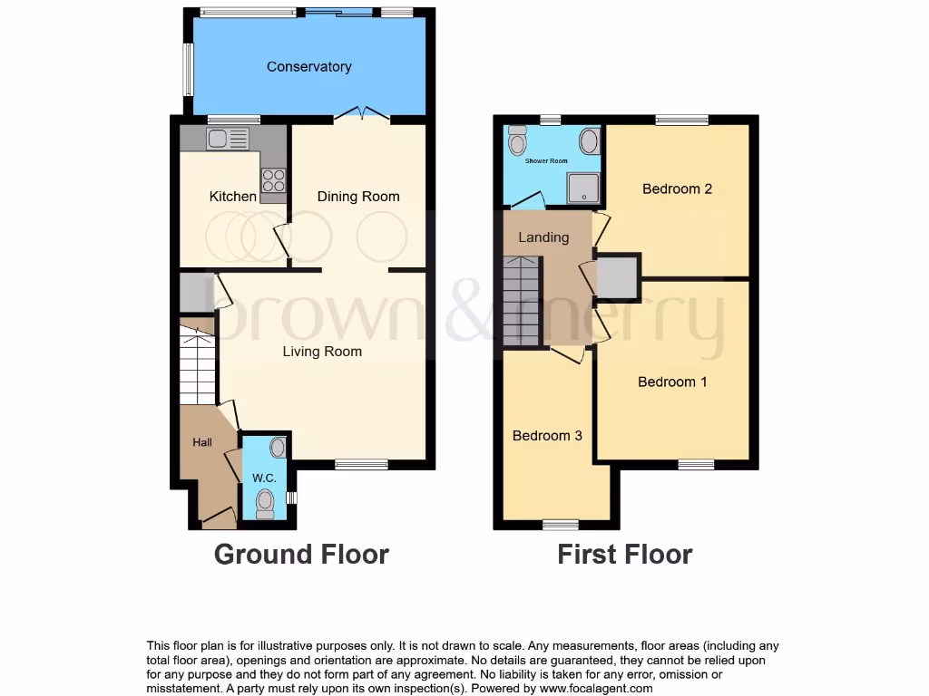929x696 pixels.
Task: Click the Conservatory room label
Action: pos(308,66)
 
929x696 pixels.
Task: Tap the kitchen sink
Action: pos(228,138)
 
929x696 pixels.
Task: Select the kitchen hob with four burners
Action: pos(273,180)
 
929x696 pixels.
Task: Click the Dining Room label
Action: pos(357,196)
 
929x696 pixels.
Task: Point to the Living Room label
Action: pos(322,352)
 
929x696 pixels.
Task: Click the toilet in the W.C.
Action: pos(265,503)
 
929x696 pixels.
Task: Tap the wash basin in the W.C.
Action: pos(278,447)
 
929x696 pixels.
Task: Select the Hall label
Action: pos(201,442)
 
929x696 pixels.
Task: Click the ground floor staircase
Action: pos(197,367)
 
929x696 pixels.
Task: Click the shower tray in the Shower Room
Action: pos(583,188)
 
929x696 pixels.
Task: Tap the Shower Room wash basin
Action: pos(589,140)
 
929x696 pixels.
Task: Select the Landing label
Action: pos(543,237)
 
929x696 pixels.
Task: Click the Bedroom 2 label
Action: pos(677,188)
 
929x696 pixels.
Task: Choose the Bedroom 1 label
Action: pos(672,382)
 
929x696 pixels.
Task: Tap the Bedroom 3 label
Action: pos(547,435)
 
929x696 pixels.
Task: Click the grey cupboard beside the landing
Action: pos(618,277)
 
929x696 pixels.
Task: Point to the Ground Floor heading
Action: pos(301,554)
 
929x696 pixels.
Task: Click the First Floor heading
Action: pos(624,554)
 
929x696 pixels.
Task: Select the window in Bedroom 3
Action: pos(560,525)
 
